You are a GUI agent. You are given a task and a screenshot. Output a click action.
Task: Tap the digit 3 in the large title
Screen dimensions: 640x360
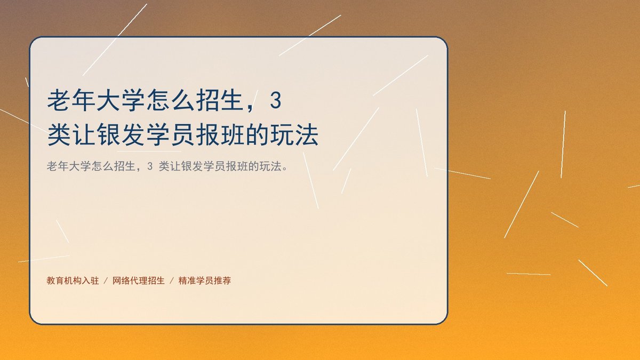pos(276,100)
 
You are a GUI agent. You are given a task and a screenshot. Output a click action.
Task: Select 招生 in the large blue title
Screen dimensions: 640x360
pos(219,100)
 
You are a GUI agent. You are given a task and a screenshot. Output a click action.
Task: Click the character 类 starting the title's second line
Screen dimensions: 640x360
pos(59,135)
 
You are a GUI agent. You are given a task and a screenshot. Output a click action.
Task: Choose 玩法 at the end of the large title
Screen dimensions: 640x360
pos(294,135)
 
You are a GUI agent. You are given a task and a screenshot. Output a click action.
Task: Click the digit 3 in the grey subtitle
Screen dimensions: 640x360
pos(150,166)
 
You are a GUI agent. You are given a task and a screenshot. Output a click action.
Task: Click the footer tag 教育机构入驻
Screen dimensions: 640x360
pos(73,281)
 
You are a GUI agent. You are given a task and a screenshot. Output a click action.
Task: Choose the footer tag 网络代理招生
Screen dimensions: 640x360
pos(139,281)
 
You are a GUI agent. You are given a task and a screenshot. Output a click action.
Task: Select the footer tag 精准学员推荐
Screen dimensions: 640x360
pos(205,281)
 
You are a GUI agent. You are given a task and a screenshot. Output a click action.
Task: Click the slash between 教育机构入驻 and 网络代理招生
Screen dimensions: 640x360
pos(106,281)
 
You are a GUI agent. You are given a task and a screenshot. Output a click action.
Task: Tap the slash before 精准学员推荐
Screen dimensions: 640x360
pos(172,281)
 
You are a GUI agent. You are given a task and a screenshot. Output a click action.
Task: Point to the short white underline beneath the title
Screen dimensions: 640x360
pos(149,151)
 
